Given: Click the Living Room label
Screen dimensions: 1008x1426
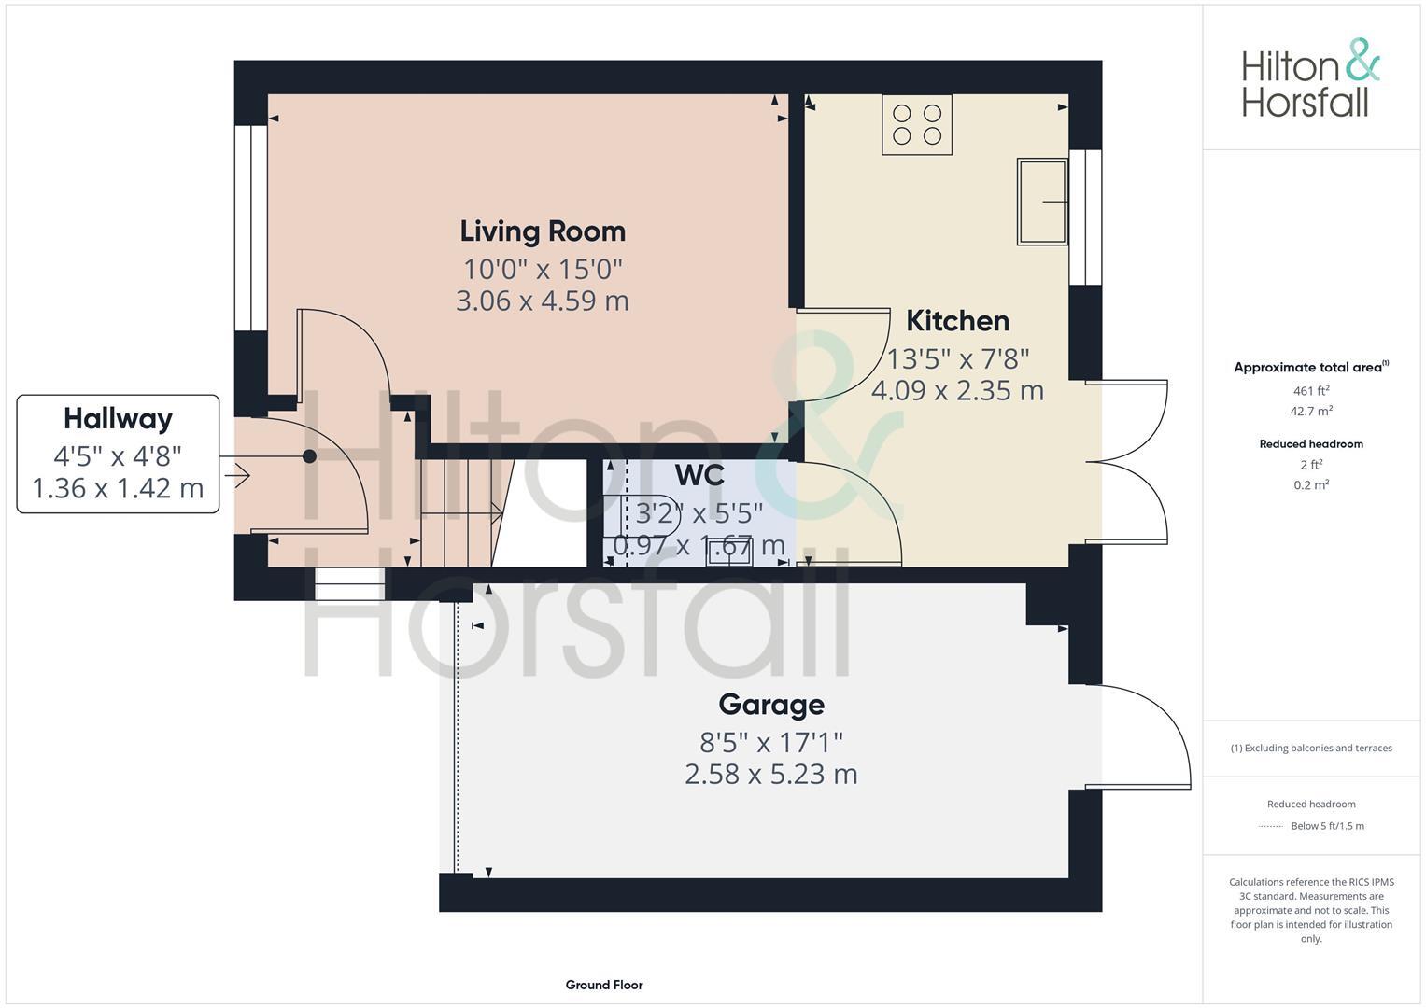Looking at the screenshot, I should click(543, 231).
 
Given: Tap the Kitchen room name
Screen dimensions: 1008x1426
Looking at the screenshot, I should click(957, 320).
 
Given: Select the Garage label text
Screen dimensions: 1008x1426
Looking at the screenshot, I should click(770, 704).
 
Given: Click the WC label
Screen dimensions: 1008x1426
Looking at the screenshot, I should click(699, 475).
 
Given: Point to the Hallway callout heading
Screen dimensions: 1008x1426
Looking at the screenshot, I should click(118, 418).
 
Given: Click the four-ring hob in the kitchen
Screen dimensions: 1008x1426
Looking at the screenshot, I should click(916, 124).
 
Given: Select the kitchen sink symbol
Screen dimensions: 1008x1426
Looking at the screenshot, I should click(1041, 202).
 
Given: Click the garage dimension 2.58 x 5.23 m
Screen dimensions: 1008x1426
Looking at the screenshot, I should click(770, 775).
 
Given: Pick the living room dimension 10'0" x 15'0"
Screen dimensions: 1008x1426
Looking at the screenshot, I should click(543, 270).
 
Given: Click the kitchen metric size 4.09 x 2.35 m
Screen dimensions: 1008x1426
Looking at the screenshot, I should click(957, 390).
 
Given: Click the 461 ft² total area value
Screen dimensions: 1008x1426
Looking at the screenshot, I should click(1311, 391).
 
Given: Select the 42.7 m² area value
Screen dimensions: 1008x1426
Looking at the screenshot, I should click(1311, 411).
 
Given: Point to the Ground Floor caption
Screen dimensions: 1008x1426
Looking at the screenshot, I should click(604, 985).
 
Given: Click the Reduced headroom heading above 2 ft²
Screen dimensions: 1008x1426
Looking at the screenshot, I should click(1311, 444).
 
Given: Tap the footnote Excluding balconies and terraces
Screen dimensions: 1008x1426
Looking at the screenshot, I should click(1311, 748).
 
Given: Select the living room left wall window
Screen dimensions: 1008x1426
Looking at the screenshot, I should click(250, 228).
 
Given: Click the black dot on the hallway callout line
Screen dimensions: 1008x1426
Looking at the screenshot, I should click(309, 456).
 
